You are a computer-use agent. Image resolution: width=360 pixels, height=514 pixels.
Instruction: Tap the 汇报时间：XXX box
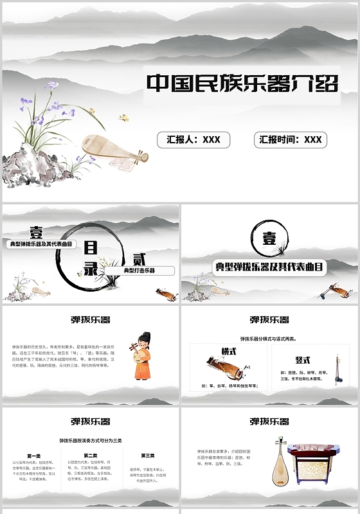pyautogui.click(x=291, y=139)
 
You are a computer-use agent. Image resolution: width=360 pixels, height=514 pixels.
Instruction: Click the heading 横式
pyautogui.click(x=230, y=352)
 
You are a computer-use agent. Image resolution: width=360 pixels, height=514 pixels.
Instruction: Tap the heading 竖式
pyautogui.click(x=303, y=360)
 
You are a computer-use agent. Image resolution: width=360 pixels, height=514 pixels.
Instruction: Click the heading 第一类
pyautogui.click(x=34, y=456)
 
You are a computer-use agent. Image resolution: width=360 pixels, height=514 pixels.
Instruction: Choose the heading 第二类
pyautogui.click(x=90, y=456)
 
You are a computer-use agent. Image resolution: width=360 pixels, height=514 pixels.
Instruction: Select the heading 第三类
pyautogui.click(x=147, y=456)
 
